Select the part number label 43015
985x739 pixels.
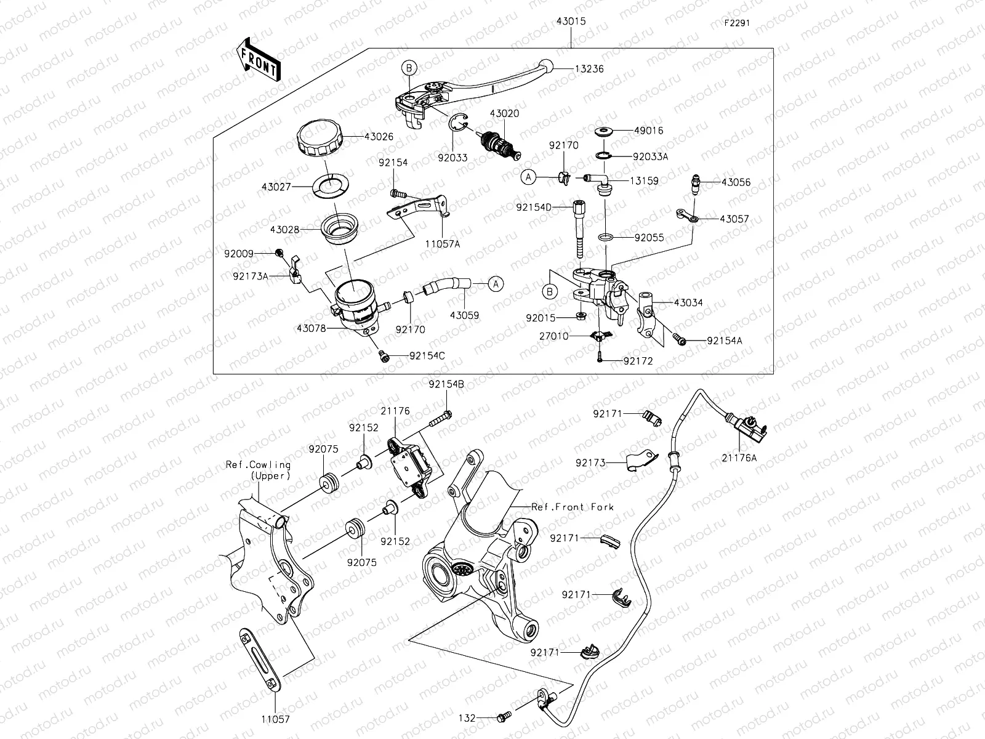pos(571,21)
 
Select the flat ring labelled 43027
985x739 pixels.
pos(331,184)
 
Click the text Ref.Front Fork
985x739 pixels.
pos(572,507)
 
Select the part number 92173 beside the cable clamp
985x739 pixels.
pos(590,462)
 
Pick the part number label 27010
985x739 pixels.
pos(554,336)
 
